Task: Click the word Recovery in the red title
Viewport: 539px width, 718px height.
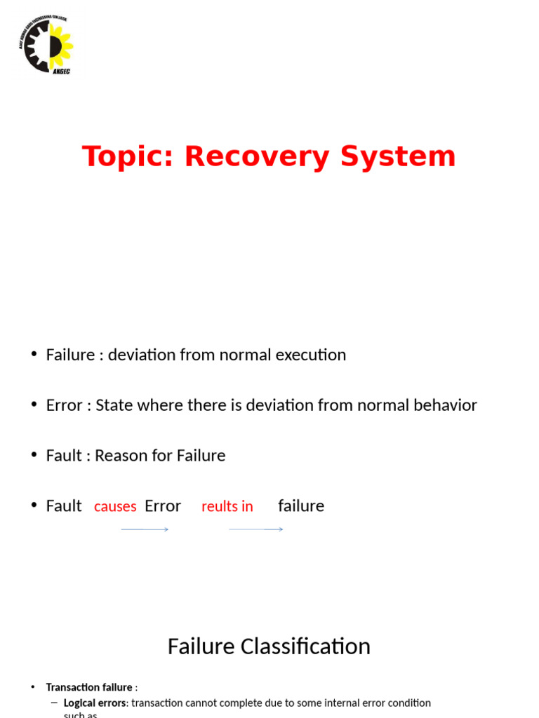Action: (x=257, y=156)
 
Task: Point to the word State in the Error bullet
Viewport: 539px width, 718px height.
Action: (x=115, y=405)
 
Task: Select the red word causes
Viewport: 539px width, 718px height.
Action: (x=115, y=506)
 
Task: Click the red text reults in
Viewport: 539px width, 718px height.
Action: (x=227, y=506)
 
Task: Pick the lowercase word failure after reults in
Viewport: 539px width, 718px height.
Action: (x=301, y=506)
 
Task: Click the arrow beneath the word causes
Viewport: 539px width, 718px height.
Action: (x=145, y=529)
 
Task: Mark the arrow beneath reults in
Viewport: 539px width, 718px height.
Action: (x=255, y=529)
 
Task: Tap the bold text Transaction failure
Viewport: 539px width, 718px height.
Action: (x=89, y=687)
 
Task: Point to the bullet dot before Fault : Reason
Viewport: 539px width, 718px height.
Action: (x=34, y=455)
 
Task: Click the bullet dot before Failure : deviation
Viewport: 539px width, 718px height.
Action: (x=34, y=354)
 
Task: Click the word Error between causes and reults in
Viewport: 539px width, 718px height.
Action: (x=163, y=506)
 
